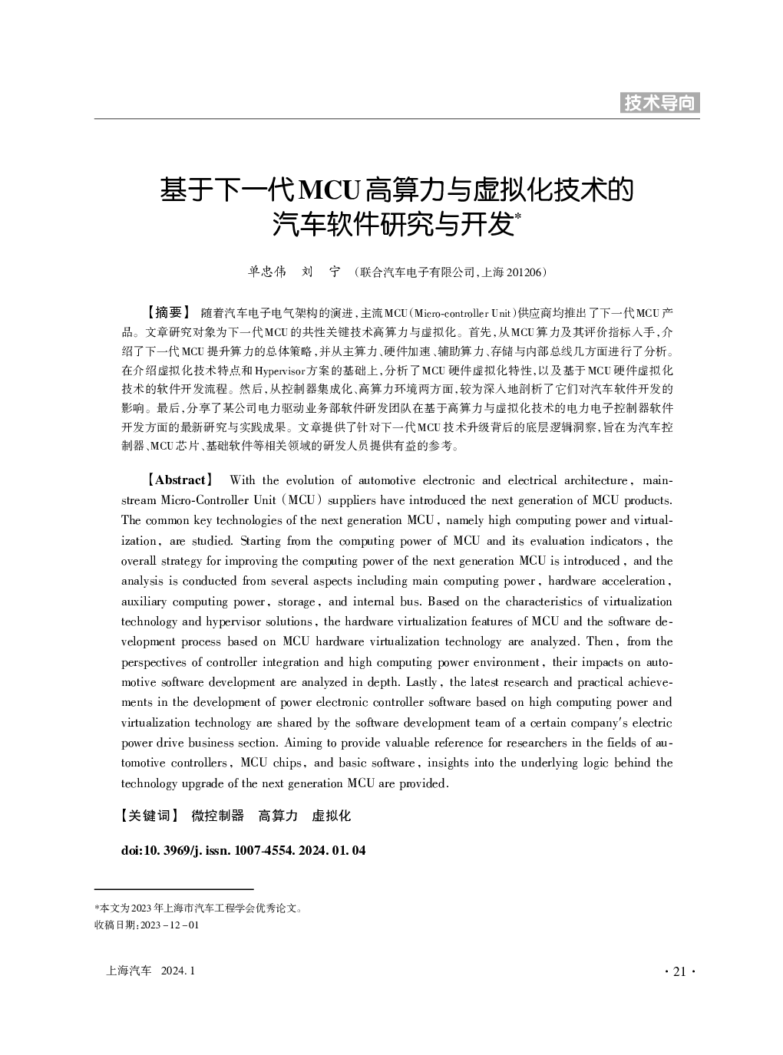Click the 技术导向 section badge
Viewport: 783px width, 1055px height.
[659, 103]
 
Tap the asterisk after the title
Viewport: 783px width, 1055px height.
[517, 218]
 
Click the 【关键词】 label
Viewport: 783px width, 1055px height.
[150, 816]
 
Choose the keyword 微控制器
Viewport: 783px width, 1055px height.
[217, 816]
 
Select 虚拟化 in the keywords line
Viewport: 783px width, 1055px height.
[331, 816]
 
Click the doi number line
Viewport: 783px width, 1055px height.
[243, 850]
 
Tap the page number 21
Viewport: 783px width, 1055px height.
[679, 971]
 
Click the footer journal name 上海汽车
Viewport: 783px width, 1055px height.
[128, 971]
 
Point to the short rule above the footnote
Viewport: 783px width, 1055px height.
[162, 889]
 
